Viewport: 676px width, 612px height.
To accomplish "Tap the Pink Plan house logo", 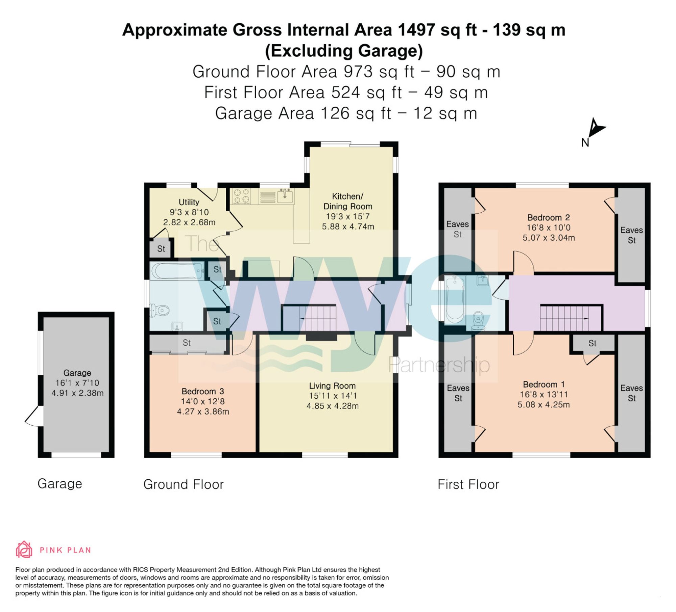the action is [24, 549].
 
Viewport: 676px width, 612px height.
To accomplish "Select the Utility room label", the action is [189, 202].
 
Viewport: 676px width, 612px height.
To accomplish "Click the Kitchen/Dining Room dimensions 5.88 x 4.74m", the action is [348, 227].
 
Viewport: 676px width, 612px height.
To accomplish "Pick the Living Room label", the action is [332, 386].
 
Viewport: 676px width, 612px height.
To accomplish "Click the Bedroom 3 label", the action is [203, 391].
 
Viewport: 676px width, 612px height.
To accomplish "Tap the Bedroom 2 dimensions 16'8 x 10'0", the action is [549, 228].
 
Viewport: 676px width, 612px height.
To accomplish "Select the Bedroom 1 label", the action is [544, 384].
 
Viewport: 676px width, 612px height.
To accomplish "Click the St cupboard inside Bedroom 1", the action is [592, 343].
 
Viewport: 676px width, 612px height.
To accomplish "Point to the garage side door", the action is [34, 416].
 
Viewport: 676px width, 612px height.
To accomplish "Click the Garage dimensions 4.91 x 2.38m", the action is [77, 393].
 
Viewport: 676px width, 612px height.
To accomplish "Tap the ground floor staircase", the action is [309, 318].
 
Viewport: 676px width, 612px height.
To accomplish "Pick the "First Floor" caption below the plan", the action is [468, 484].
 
